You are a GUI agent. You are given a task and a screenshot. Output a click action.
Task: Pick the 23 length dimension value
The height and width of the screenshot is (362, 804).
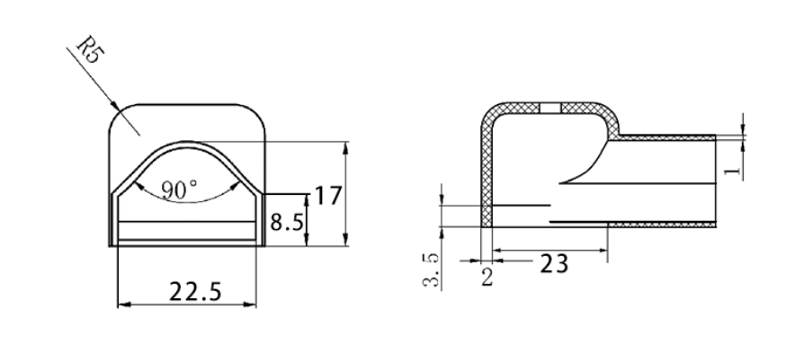pos(552,263)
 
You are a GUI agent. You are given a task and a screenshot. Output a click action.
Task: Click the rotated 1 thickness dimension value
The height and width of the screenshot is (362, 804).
pos(735,168)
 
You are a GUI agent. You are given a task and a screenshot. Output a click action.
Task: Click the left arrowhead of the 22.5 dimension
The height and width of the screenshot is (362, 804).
pos(123,305)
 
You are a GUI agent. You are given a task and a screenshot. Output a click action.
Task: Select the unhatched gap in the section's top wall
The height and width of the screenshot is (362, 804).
pos(550,108)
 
